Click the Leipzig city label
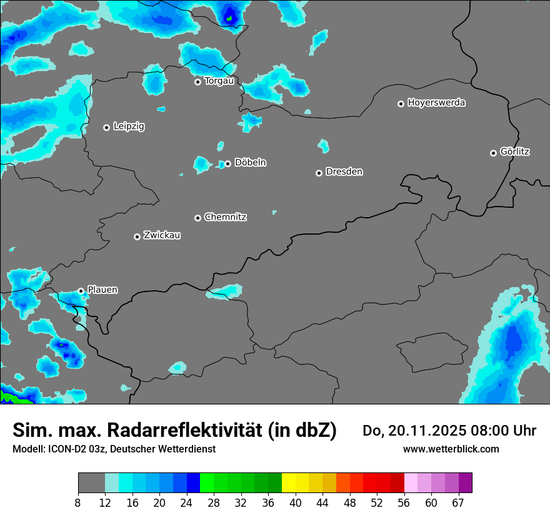129,127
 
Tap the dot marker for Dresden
319,173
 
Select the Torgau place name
219,81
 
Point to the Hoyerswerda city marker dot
401,104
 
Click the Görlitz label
515,152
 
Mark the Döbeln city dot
227,164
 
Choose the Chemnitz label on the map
226,217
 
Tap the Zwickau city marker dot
137,237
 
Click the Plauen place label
102,290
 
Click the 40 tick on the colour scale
296,503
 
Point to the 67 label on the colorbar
458,503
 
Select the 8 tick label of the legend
78,503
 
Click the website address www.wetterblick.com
451,449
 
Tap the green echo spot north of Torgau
229,18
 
